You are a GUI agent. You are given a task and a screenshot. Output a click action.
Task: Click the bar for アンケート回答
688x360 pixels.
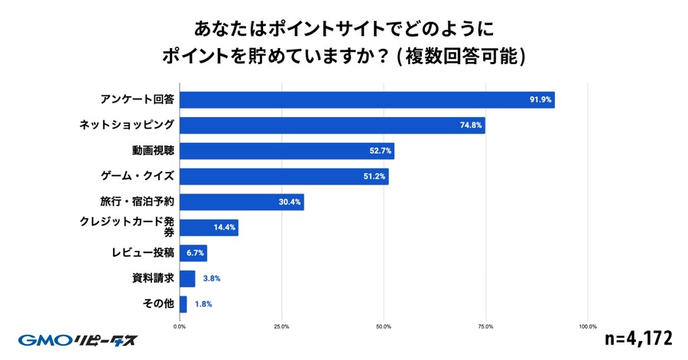(x=367, y=99)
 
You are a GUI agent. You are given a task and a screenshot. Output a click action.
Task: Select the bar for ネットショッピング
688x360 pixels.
(x=332, y=125)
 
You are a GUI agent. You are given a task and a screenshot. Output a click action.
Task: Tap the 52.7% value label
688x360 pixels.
(x=380, y=151)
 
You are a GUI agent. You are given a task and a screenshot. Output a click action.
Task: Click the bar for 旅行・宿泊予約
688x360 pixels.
(x=242, y=203)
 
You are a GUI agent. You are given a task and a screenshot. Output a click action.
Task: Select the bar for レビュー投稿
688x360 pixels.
(x=193, y=253)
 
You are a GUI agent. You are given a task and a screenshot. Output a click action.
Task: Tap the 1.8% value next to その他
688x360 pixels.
(x=203, y=304)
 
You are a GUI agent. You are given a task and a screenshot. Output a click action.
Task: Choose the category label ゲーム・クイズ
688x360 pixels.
(x=138, y=177)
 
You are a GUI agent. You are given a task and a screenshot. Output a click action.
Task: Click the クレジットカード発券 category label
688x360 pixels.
(x=127, y=228)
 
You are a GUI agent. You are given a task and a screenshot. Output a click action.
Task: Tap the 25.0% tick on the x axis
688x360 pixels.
(x=281, y=326)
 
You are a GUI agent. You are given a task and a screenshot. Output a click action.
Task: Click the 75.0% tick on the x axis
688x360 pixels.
(x=485, y=326)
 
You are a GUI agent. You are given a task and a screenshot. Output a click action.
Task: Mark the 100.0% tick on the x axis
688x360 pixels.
(x=587, y=326)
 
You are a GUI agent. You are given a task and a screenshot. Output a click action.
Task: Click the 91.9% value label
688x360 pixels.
(x=540, y=99)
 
